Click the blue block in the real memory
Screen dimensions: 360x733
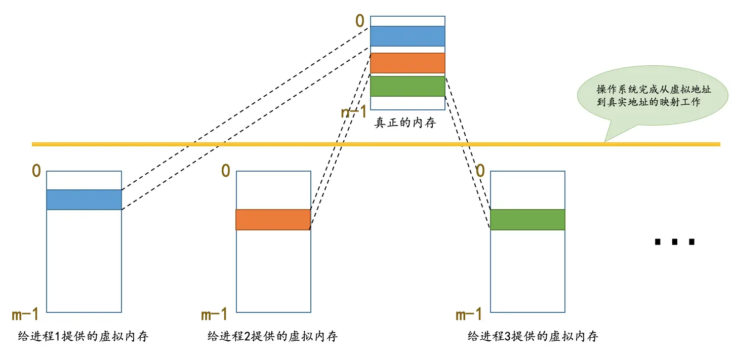(x=408, y=36)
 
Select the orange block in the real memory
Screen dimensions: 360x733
(x=408, y=63)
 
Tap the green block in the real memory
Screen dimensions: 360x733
(x=408, y=86)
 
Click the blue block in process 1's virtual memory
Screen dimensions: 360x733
(x=84, y=199)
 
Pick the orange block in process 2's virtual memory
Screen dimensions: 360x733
(x=273, y=220)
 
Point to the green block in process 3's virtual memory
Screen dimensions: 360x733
(x=527, y=220)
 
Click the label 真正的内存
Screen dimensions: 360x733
(x=405, y=123)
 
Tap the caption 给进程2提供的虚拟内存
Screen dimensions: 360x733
(x=272, y=336)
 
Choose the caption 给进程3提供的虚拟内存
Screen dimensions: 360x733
(x=533, y=336)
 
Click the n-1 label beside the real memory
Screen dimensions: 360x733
(x=354, y=112)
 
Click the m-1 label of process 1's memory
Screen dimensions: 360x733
(x=25, y=315)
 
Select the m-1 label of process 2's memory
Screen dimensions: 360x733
(x=214, y=315)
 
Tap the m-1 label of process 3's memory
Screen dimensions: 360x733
(x=469, y=315)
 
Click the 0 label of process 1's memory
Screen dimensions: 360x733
(x=36, y=171)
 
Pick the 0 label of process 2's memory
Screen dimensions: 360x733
(x=226, y=171)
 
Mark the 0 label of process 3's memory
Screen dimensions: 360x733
(x=480, y=171)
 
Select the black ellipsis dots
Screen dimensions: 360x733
(x=675, y=242)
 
